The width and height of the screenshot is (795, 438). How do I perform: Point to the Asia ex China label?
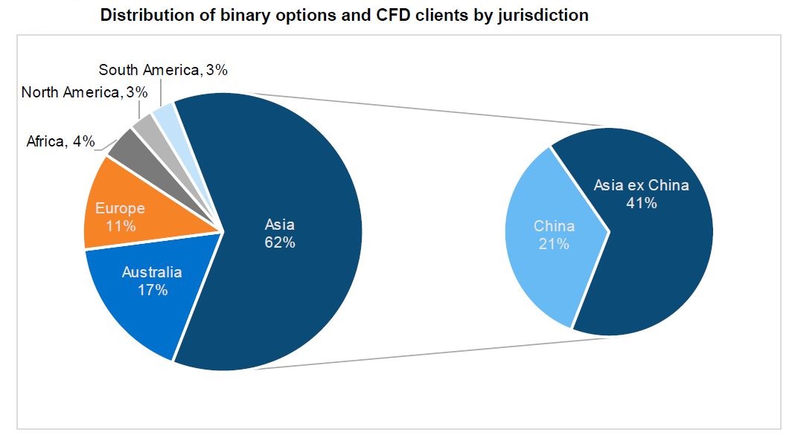coord(641,185)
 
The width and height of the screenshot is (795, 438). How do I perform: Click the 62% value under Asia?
coord(281,242)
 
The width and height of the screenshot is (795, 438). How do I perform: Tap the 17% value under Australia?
coord(152,290)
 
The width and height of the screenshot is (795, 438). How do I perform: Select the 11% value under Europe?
coord(121,226)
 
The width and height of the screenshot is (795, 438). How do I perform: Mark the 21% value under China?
coord(554,244)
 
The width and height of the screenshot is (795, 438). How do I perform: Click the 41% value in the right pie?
coord(641,202)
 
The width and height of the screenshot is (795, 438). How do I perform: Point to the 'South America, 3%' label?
coord(163,71)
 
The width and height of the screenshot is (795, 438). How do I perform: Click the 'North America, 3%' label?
coord(84,93)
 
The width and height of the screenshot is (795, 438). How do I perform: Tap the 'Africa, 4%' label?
coord(60,141)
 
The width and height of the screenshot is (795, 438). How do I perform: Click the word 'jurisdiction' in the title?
coord(543,15)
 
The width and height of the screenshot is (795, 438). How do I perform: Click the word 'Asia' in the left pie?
coord(281,225)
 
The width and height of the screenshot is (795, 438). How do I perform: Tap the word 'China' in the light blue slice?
coord(554,226)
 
